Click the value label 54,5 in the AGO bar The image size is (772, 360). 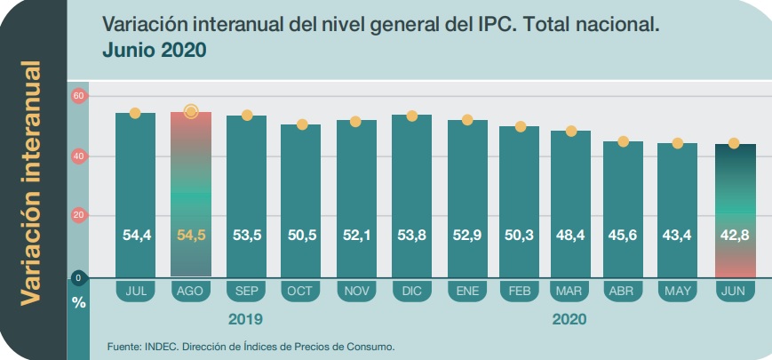click(190, 236)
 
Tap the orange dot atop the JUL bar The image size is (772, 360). click(135, 113)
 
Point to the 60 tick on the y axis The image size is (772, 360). click(78, 96)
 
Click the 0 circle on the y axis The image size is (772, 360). click(78, 278)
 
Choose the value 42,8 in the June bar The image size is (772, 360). click(736, 236)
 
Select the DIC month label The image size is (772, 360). click(410, 291)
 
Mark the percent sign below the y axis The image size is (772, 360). click(78, 303)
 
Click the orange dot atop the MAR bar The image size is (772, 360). click(571, 132)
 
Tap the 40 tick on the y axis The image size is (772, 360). click(78, 156)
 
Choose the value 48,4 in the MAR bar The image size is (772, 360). click(571, 236)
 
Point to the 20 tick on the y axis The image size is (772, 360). click(78, 215)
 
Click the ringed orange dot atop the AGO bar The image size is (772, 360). click(190, 111)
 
